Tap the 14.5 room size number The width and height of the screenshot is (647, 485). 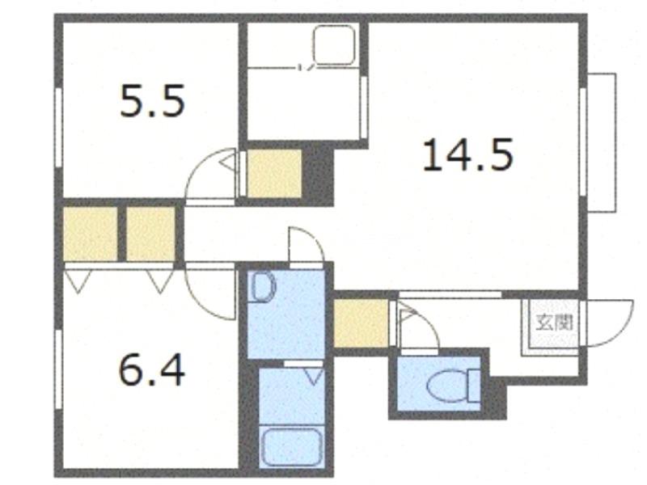point(468,154)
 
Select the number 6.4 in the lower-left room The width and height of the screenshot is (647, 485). point(151,370)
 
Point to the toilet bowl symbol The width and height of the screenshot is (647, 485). point(454,386)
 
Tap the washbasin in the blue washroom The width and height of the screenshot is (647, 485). point(264,288)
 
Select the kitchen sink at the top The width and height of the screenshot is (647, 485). point(334,45)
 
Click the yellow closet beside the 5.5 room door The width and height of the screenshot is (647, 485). point(274,174)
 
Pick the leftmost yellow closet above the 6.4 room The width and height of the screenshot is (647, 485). point(91,234)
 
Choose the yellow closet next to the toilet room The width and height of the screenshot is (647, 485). point(361,323)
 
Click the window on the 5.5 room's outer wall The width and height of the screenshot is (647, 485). point(58,127)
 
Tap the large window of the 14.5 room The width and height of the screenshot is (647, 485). point(582,141)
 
